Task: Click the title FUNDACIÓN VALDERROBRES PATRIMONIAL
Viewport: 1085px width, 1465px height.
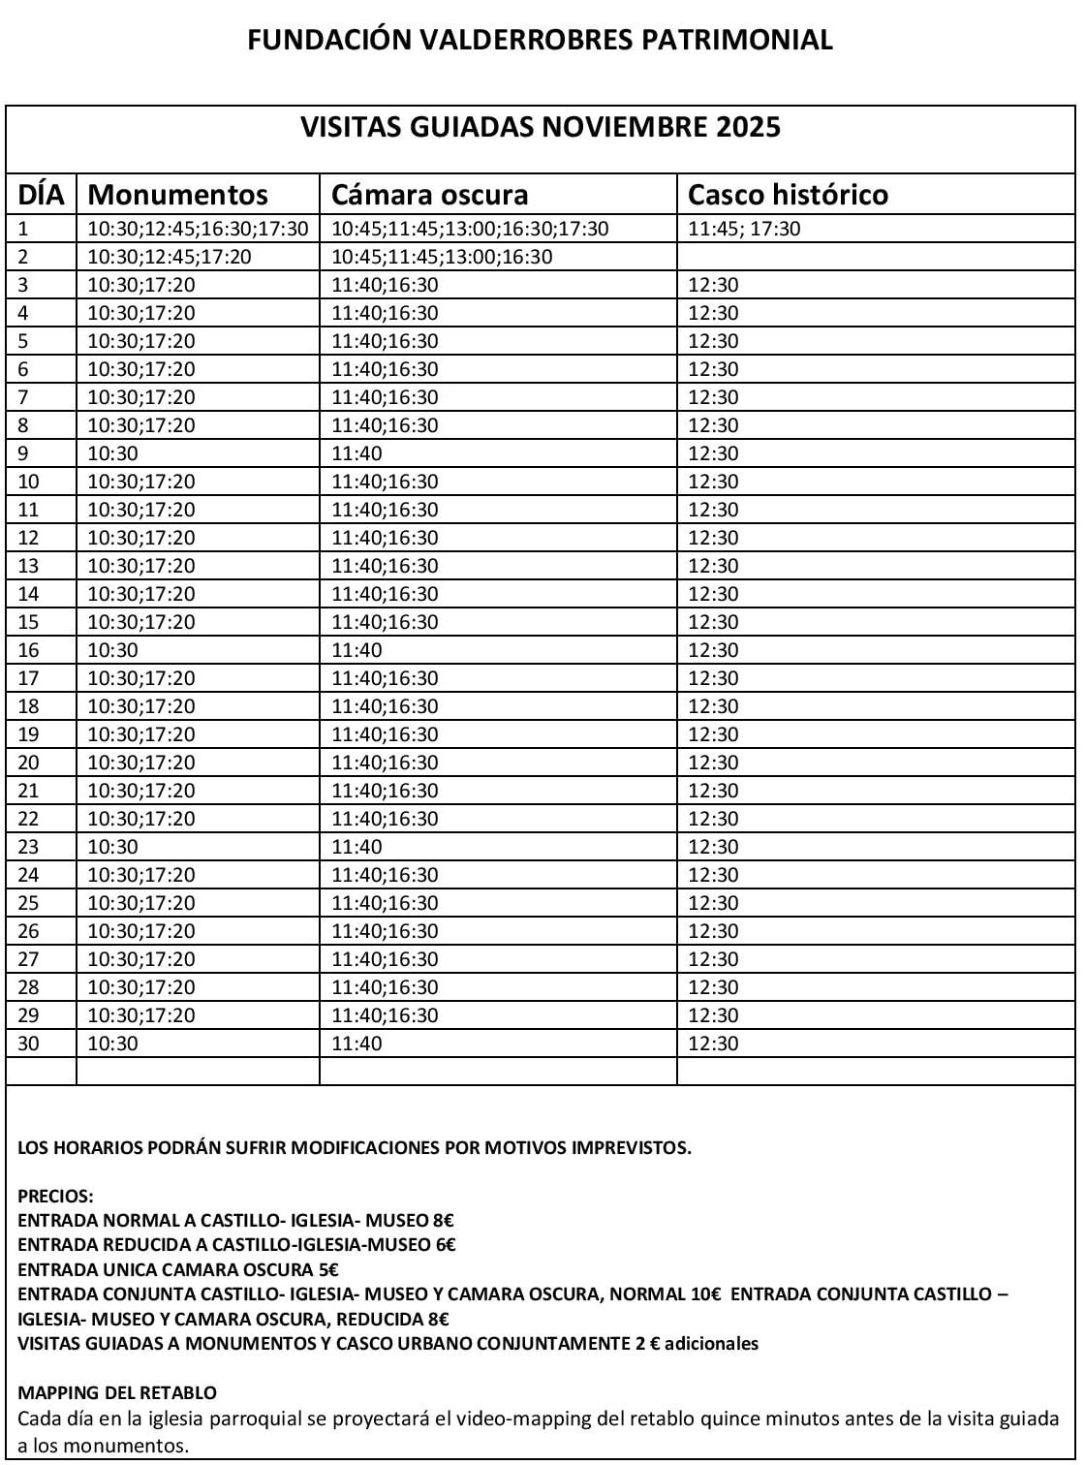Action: pos(540,40)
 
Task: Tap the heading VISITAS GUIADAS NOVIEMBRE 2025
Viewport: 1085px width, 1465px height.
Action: pos(540,128)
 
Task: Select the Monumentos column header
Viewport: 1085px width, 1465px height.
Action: pos(177,195)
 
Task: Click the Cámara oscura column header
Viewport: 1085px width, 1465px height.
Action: pos(429,195)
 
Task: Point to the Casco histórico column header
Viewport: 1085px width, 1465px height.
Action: pos(787,195)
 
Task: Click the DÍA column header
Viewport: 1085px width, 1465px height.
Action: pos(41,195)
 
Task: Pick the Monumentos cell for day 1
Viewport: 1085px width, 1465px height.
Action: pos(198,230)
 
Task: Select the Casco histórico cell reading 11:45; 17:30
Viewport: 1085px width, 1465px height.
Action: pos(744,230)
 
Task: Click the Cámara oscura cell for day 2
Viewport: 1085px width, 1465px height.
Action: pos(442,258)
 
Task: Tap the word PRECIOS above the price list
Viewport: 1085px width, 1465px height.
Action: pos(55,1198)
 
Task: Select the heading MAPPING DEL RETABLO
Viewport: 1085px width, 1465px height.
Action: pos(117,1393)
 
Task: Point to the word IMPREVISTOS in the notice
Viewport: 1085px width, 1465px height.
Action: pos(631,1149)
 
